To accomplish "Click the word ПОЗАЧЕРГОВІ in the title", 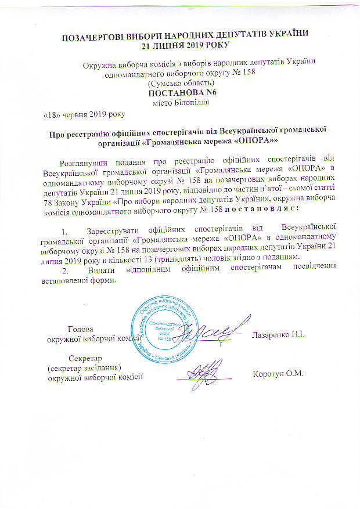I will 93,38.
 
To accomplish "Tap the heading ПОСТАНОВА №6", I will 177,93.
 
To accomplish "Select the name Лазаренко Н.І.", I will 279,335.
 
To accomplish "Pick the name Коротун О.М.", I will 279,373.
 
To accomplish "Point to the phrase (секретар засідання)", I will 84,367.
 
